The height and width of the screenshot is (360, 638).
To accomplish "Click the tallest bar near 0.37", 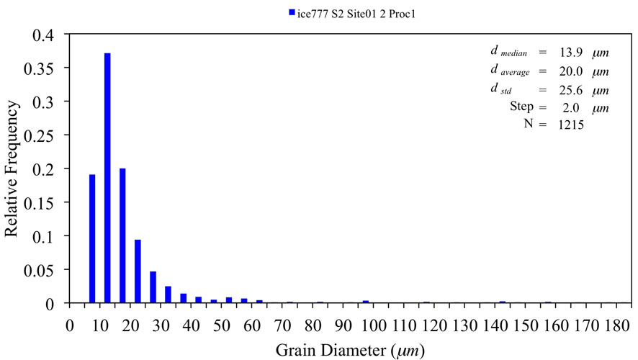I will [x=107, y=178].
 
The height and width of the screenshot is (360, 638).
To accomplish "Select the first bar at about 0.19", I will [x=92, y=238].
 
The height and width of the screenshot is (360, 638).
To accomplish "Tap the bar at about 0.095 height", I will [x=138, y=271].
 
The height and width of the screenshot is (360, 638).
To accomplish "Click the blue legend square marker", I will [x=292, y=12].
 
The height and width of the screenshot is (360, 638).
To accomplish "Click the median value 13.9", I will [x=560, y=53].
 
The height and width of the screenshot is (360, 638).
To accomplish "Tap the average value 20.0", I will [x=560, y=72].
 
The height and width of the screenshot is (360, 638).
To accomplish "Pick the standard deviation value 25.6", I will [x=560, y=91].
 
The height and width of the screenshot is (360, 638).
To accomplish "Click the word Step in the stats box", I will [x=521, y=107].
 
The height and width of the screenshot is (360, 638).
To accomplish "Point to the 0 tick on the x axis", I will [x=70, y=324].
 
